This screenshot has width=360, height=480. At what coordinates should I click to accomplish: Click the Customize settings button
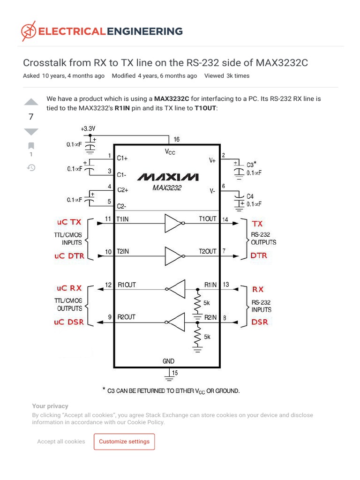[x=124, y=442]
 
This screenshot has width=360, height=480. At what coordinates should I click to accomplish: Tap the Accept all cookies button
[x=61, y=442]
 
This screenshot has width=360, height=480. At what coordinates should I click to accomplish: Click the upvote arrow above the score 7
[x=31, y=102]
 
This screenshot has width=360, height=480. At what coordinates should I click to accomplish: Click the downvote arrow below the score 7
[x=31, y=131]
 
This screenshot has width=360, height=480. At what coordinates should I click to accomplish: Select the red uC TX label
[x=69, y=222]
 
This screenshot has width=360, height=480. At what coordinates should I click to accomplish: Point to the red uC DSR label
[x=69, y=322]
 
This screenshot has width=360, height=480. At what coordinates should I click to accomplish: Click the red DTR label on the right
[x=259, y=256]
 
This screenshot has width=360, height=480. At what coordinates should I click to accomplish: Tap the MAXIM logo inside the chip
[x=167, y=177]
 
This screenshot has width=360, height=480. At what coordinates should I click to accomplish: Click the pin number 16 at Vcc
[x=176, y=139]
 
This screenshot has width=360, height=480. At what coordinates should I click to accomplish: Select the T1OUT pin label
[x=208, y=219]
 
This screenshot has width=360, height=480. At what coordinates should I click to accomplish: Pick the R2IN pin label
[x=210, y=317]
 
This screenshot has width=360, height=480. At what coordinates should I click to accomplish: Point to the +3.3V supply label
[x=89, y=128]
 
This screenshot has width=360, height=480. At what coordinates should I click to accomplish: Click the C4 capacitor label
[x=250, y=196]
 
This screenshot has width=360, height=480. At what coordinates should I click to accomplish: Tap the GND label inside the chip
[x=168, y=361]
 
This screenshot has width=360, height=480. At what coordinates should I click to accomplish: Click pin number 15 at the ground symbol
[x=175, y=373]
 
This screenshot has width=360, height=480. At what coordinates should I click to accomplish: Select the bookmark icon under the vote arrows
[x=31, y=145]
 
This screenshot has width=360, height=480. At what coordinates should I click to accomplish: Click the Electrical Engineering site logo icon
[x=28, y=31]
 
